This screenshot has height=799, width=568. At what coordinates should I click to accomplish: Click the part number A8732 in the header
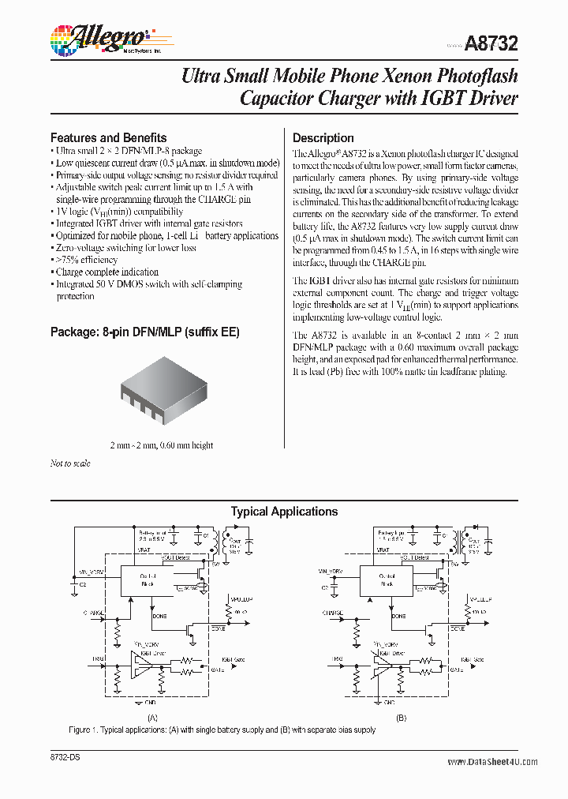tap(491, 45)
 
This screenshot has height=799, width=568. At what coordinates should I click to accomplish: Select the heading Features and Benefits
tap(108, 137)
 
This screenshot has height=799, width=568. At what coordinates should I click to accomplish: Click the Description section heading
tap(323, 137)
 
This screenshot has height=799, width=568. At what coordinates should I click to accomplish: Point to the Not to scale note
tap(70, 463)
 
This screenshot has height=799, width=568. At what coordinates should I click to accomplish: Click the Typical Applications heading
tap(284, 512)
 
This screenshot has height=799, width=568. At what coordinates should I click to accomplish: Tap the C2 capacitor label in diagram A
tap(82, 585)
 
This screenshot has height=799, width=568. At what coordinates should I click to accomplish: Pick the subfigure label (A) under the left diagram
tap(152, 718)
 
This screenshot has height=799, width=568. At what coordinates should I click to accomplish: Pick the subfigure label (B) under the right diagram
tap(401, 718)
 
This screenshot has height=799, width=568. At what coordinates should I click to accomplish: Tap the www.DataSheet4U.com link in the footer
tap(492, 762)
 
